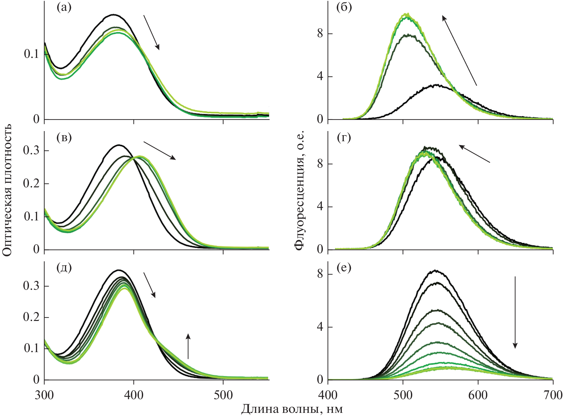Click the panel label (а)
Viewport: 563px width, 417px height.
(64, 7)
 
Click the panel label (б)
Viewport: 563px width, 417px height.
(344, 7)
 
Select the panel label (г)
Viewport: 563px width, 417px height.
(344, 138)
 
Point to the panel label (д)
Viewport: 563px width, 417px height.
(64, 268)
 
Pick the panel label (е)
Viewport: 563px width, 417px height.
(344, 268)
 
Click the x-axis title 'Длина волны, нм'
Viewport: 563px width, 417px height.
(292, 409)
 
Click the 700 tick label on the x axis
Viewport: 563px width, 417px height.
(553, 395)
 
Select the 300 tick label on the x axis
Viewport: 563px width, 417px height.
(44, 395)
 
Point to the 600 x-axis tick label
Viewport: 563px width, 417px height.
(478, 395)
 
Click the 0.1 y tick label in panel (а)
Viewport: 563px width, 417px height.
(31, 54)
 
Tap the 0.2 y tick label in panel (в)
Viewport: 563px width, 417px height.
(31, 184)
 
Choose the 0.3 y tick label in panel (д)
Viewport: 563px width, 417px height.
(31, 286)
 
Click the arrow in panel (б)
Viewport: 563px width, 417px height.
(459, 50)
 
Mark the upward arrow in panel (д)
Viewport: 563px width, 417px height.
(188, 346)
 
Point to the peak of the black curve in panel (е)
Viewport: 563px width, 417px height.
(435, 271)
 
